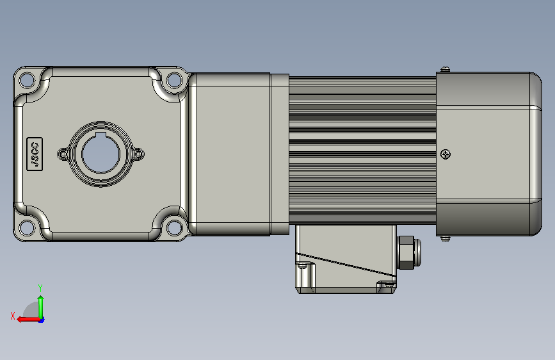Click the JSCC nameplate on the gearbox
click(x=35, y=154)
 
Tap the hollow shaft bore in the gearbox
click(x=101, y=154)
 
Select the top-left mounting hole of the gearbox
click(x=27, y=80)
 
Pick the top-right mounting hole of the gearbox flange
click(x=174, y=80)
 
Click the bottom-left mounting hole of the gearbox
click(x=27, y=227)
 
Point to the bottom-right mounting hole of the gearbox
click(x=174, y=227)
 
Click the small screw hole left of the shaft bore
click(x=63, y=154)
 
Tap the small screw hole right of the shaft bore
click(x=138, y=154)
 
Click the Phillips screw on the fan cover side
click(x=446, y=154)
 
